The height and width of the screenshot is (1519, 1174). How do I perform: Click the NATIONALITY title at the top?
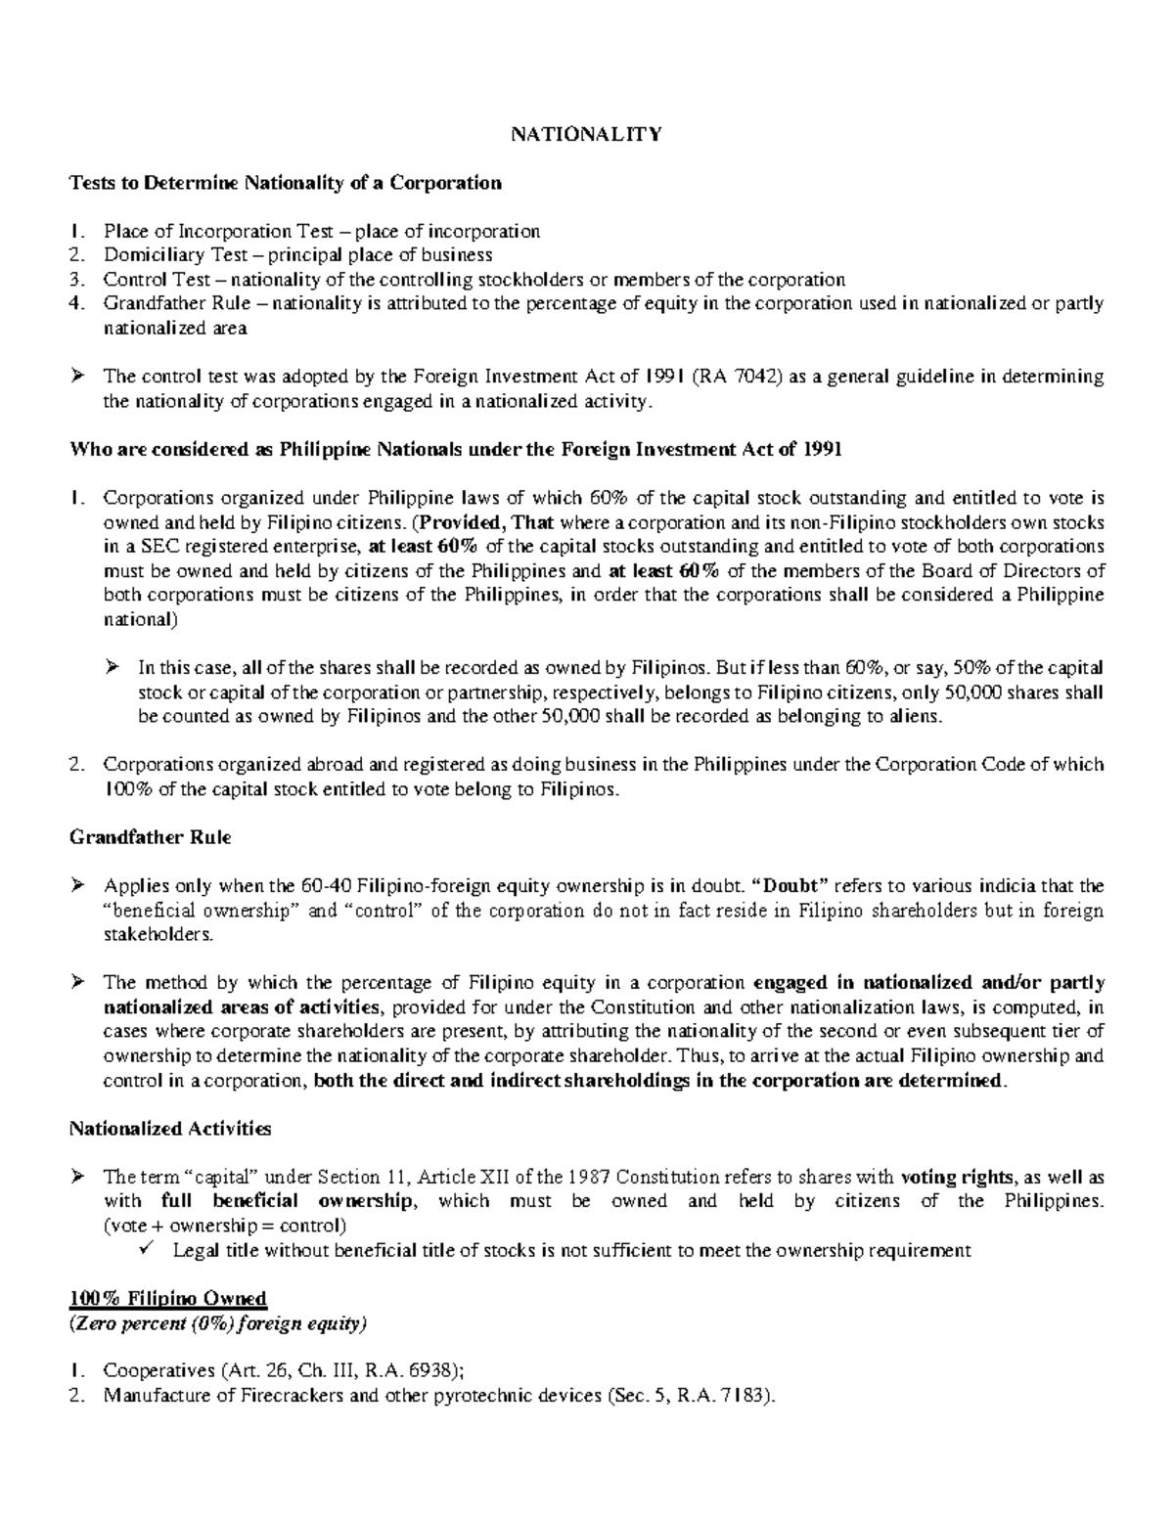(x=586, y=134)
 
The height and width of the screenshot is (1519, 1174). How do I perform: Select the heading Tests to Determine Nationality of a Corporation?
(x=285, y=183)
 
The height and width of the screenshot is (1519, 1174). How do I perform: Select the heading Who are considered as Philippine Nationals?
(x=454, y=450)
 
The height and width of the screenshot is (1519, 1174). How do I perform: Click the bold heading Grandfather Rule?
(x=150, y=837)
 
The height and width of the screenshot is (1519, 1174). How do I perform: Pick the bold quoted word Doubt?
(x=793, y=886)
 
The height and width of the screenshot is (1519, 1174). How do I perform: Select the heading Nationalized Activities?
(x=169, y=1128)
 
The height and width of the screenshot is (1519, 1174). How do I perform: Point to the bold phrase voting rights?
(x=946, y=1177)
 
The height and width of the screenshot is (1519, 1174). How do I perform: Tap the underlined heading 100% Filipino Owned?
(x=167, y=1298)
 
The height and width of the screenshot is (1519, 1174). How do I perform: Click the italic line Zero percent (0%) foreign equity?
(x=218, y=1323)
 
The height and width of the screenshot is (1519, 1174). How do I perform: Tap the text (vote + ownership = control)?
(x=224, y=1225)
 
